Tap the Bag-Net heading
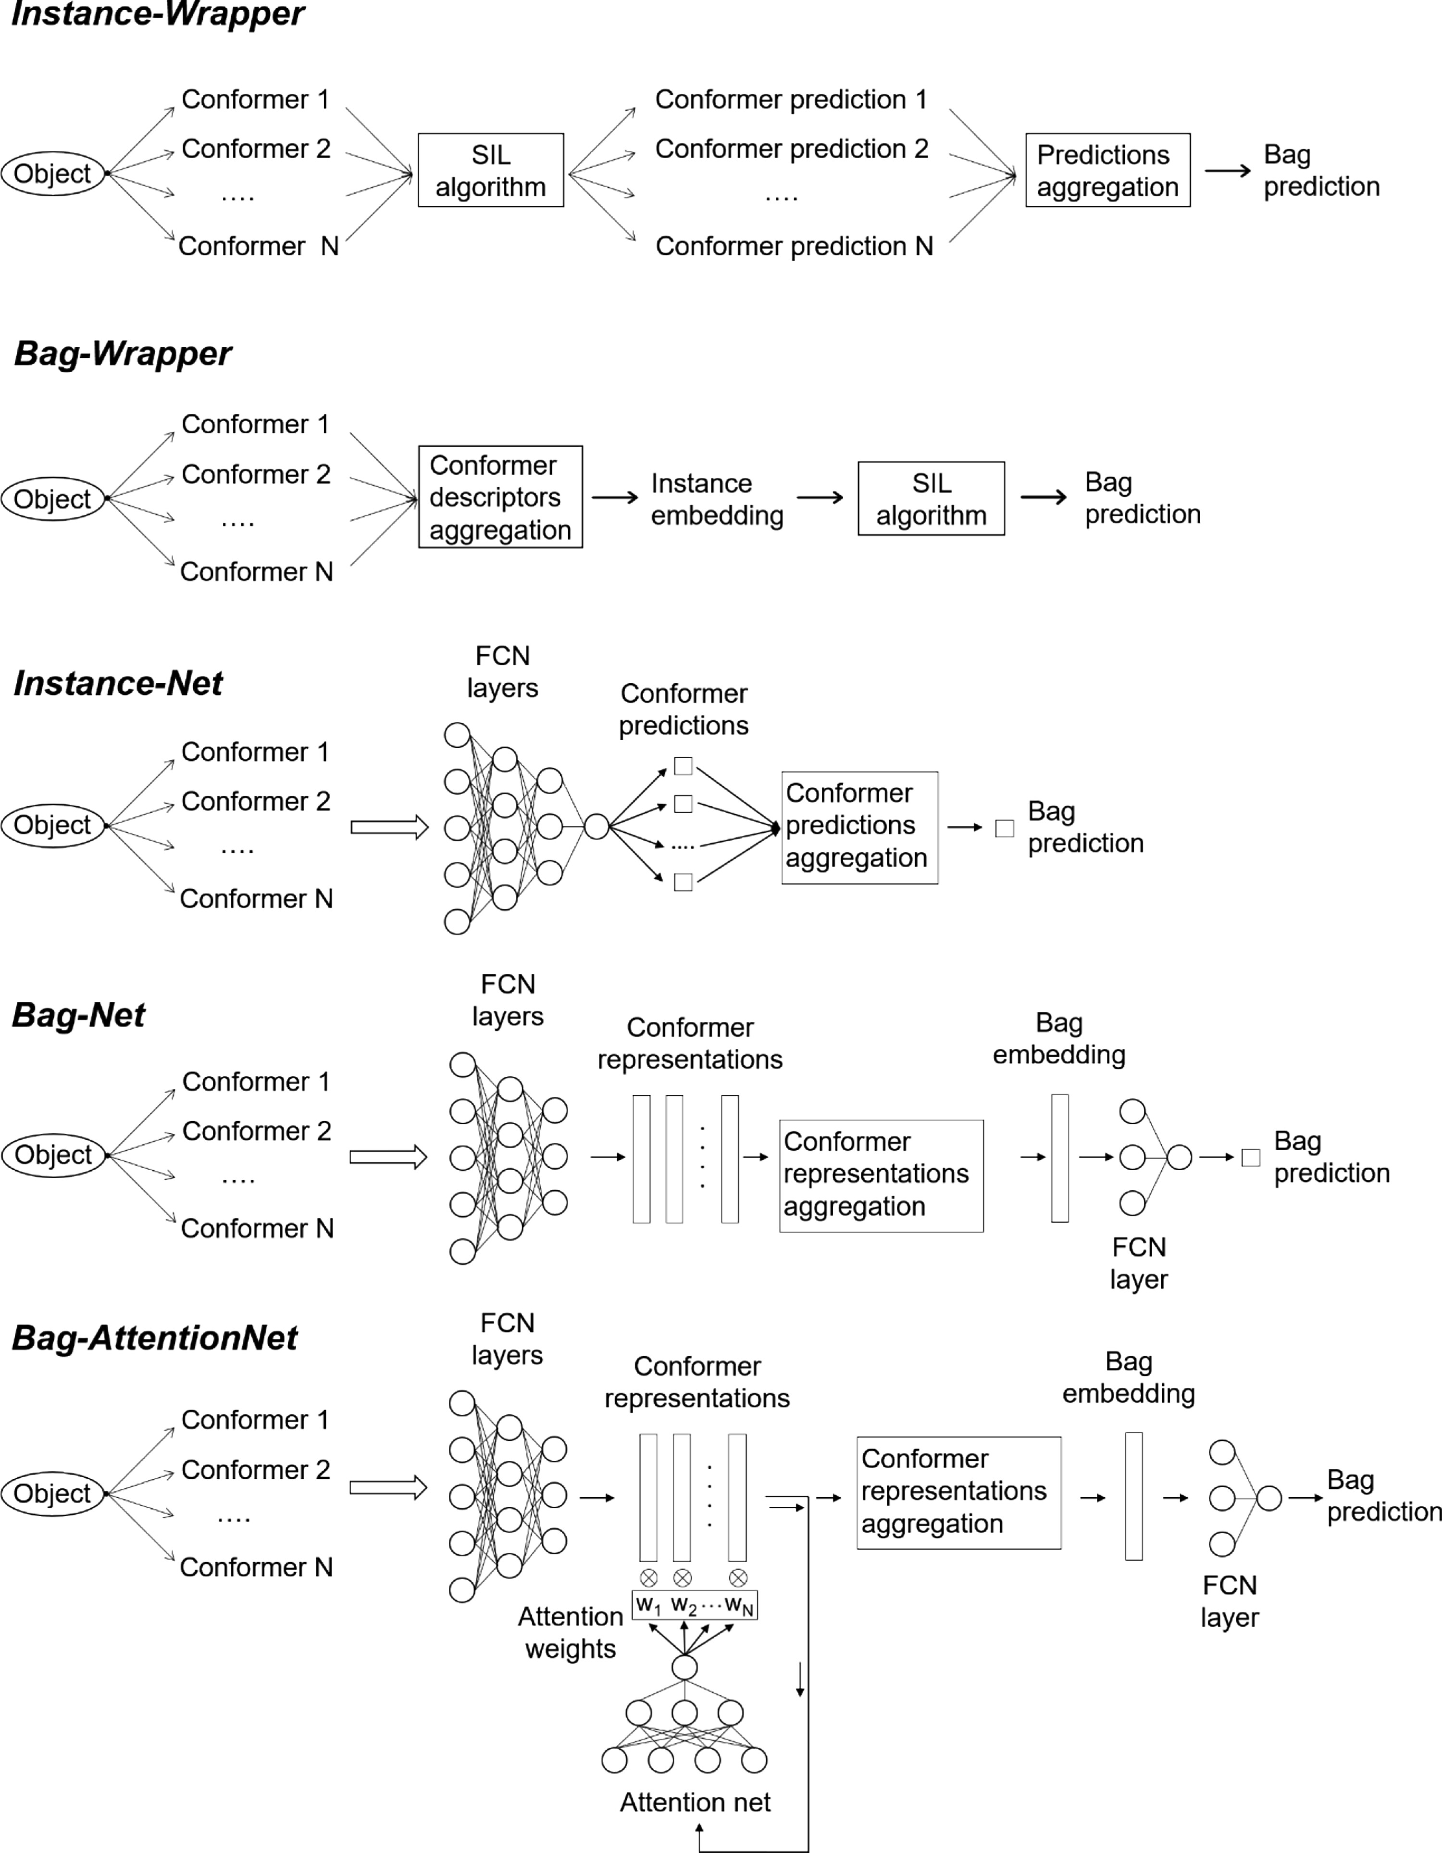point(79,1015)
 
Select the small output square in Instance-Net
point(1004,828)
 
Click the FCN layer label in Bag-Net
point(1139,1262)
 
